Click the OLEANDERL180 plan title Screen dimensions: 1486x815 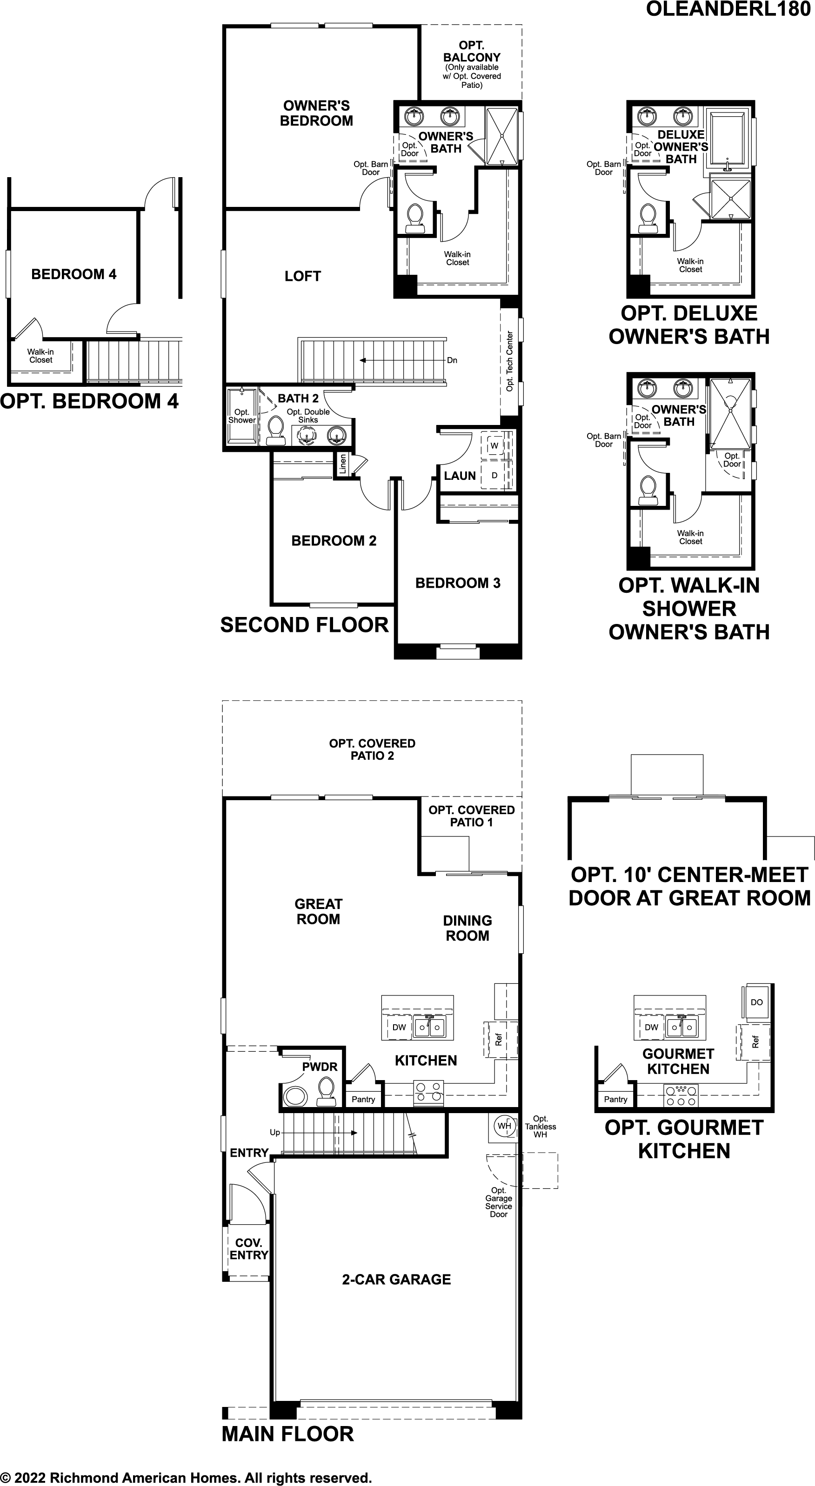728,9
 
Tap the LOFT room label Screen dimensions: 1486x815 302,276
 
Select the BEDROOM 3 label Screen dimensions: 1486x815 458,583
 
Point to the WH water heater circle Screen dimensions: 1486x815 504,1126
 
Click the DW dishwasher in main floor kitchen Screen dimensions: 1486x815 399,1027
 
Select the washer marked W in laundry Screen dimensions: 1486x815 494,446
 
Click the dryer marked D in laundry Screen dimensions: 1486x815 494,475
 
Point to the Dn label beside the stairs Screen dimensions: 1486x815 452,360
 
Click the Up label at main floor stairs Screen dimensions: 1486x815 275,1132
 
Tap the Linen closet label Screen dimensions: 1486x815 343,464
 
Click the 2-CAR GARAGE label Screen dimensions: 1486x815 396,1280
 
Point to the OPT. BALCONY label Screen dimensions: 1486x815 472,51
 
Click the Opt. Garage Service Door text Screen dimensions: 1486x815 499,1202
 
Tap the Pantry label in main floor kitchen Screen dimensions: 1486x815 363,1100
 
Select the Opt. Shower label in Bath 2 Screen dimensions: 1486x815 242,416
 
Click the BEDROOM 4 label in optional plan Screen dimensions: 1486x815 74,275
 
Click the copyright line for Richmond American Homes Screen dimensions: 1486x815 186,1477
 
